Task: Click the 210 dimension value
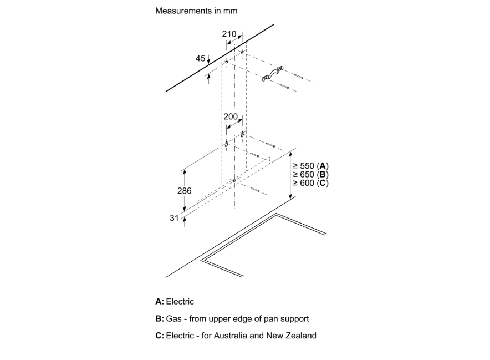(x=229, y=34)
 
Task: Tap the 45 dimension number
(x=200, y=58)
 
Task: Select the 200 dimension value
(x=230, y=117)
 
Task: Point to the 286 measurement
(x=184, y=190)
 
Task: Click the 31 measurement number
(x=174, y=218)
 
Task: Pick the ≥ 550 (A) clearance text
(x=310, y=166)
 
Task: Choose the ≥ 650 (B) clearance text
(x=310, y=175)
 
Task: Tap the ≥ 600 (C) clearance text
(x=310, y=183)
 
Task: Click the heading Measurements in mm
(x=192, y=11)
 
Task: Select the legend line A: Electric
(x=175, y=302)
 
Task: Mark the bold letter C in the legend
(x=159, y=336)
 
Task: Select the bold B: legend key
(x=160, y=319)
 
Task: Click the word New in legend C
(x=277, y=336)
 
